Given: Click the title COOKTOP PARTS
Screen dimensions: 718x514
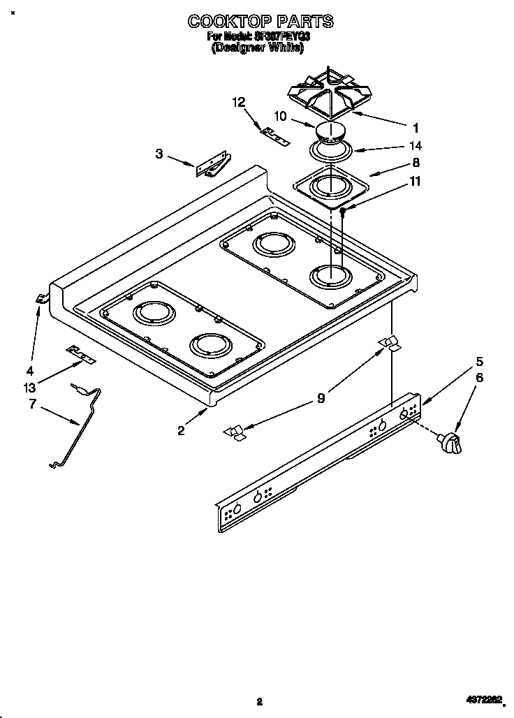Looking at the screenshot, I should click(x=259, y=22).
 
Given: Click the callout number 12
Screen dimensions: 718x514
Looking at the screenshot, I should click(x=239, y=102).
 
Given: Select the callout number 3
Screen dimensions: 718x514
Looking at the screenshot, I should click(x=159, y=154).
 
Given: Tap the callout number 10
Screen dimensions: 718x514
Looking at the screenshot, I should click(x=280, y=116).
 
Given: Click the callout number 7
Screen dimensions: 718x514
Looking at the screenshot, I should click(x=33, y=404).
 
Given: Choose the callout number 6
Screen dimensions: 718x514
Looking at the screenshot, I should click(x=479, y=378).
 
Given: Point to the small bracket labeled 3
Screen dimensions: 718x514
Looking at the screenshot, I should click(x=214, y=165).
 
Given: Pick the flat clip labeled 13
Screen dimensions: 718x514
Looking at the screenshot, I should click(x=80, y=354).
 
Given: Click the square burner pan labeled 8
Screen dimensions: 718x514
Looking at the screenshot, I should click(x=330, y=186).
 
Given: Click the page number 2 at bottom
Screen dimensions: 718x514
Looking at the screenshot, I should click(x=259, y=701).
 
